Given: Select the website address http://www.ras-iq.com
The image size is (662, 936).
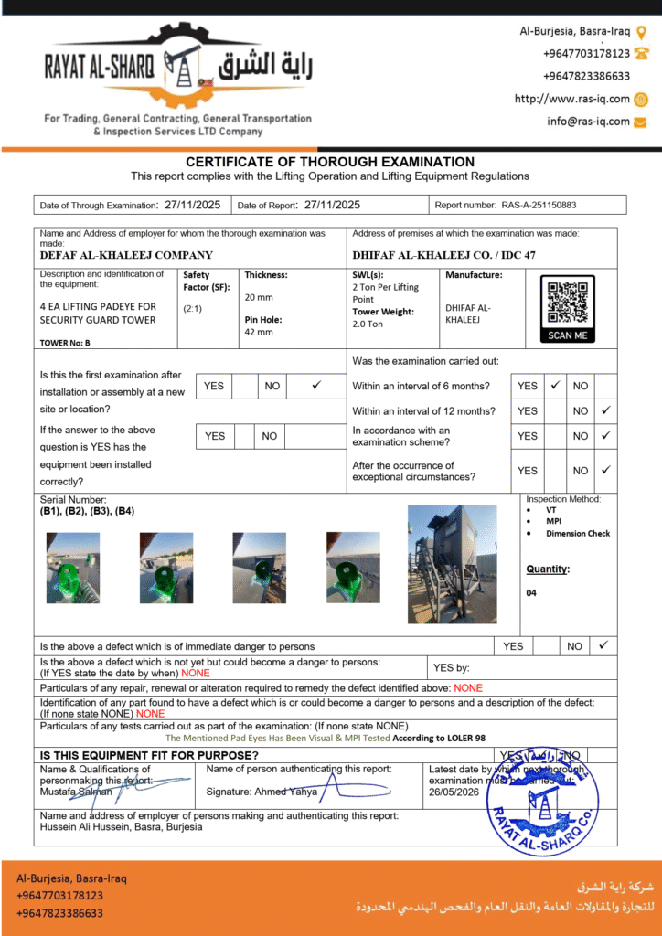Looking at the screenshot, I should pyautogui.click(x=571, y=99).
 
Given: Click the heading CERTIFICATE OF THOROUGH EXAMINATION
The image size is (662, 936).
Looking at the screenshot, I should pyautogui.click(x=330, y=162).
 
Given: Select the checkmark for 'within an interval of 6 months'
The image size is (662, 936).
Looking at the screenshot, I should pyautogui.click(x=554, y=386).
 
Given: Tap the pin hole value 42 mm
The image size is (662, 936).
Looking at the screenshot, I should pyautogui.click(x=259, y=332).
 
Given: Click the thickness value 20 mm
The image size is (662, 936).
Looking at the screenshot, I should pyautogui.click(x=259, y=297).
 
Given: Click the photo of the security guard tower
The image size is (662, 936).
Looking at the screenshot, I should pyautogui.click(x=452, y=563).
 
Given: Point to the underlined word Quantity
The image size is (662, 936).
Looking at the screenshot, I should pyautogui.click(x=547, y=569).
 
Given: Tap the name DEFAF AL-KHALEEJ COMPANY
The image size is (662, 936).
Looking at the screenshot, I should pyautogui.click(x=126, y=255).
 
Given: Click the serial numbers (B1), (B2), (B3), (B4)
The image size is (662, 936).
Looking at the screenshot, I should pyautogui.click(x=87, y=511).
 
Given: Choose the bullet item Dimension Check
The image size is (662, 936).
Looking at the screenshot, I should pyautogui.click(x=578, y=533).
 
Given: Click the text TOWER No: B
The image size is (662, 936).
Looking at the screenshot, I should pyautogui.click(x=65, y=343).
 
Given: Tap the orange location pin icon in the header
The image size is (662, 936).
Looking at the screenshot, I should pyautogui.click(x=641, y=31).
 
